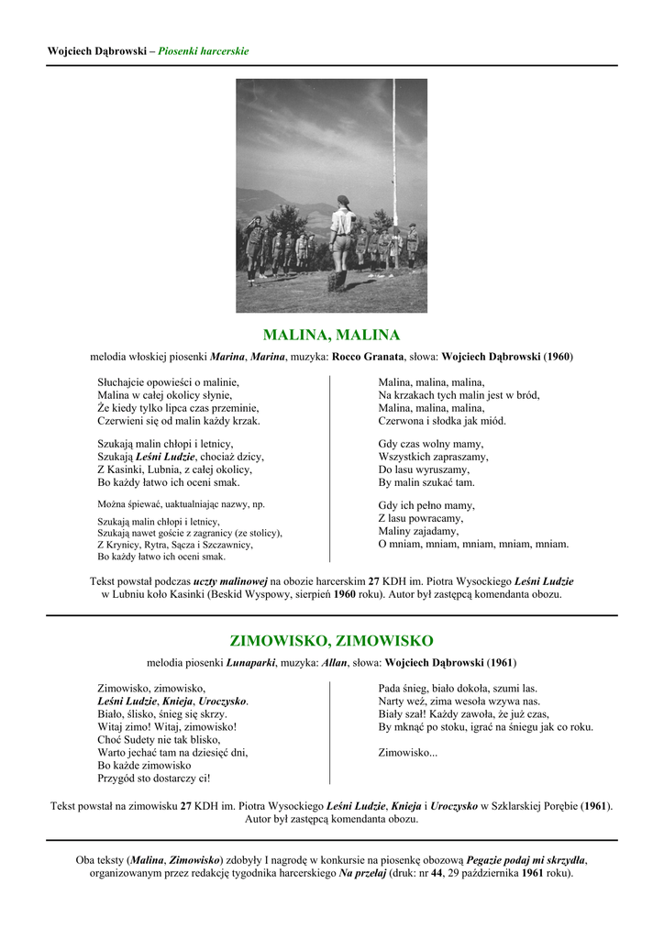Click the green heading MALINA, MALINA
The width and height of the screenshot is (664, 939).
[x=331, y=335]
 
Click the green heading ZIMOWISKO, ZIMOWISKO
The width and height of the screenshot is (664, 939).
[x=331, y=640]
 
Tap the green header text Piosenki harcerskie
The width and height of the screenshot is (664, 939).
[x=203, y=51]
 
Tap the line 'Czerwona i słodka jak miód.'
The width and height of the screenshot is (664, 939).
[x=442, y=421]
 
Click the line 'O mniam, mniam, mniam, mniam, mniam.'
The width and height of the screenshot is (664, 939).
[x=473, y=544]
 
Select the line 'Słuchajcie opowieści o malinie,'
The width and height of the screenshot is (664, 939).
[x=168, y=381]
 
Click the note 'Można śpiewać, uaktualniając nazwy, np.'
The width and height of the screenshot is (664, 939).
[x=182, y=504]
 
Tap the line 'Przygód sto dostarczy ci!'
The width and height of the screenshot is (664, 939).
[x=154, y=778]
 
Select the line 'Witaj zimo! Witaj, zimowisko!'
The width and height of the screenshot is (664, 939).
[x=167, y=726]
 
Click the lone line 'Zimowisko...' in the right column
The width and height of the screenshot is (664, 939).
[x=408, y=752]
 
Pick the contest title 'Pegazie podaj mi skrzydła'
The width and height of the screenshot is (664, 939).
[x=526, y=860]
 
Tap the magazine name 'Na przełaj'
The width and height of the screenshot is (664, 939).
[x=360, y=873]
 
